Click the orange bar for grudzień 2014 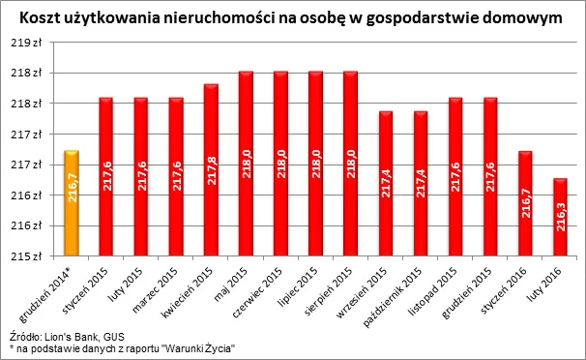pos(71,203)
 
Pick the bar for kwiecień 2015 pos(211,170)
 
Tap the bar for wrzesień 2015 pos(386,184)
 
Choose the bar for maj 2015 pos(246,164)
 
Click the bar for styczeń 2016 pos(526,203)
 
